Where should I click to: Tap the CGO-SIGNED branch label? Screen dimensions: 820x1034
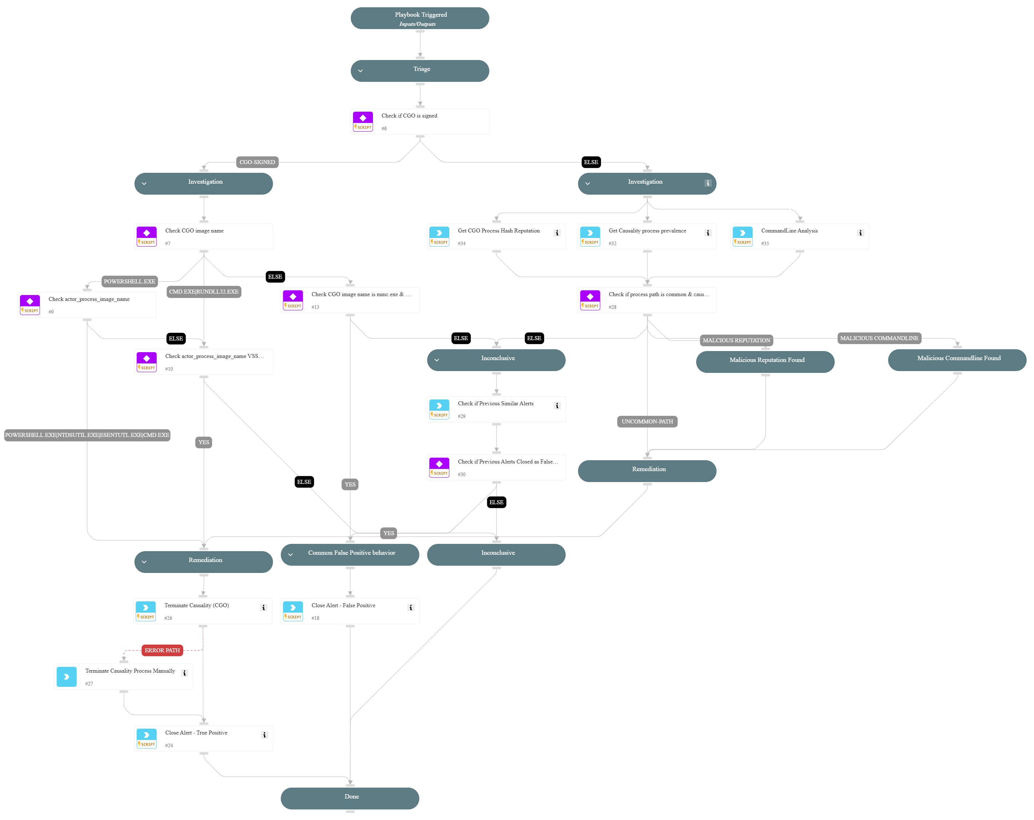coord(257,162)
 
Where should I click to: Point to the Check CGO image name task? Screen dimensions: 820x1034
coord(204,236)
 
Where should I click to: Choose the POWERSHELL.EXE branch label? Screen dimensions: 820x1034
coord(129,282)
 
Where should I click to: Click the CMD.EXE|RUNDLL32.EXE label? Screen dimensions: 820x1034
coord(204,292)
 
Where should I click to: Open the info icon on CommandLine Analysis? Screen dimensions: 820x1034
coord(860,233)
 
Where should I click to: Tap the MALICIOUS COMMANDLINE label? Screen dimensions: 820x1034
coord(879,338)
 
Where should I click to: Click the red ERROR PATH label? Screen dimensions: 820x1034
coord(162,650)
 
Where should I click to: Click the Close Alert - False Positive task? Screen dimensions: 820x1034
coord(350,611)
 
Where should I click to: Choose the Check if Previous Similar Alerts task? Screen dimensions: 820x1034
coord(496,409)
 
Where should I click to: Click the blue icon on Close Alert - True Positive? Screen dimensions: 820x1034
coord(146,738)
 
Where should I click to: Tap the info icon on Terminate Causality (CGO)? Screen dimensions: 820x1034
coord(263,608)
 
